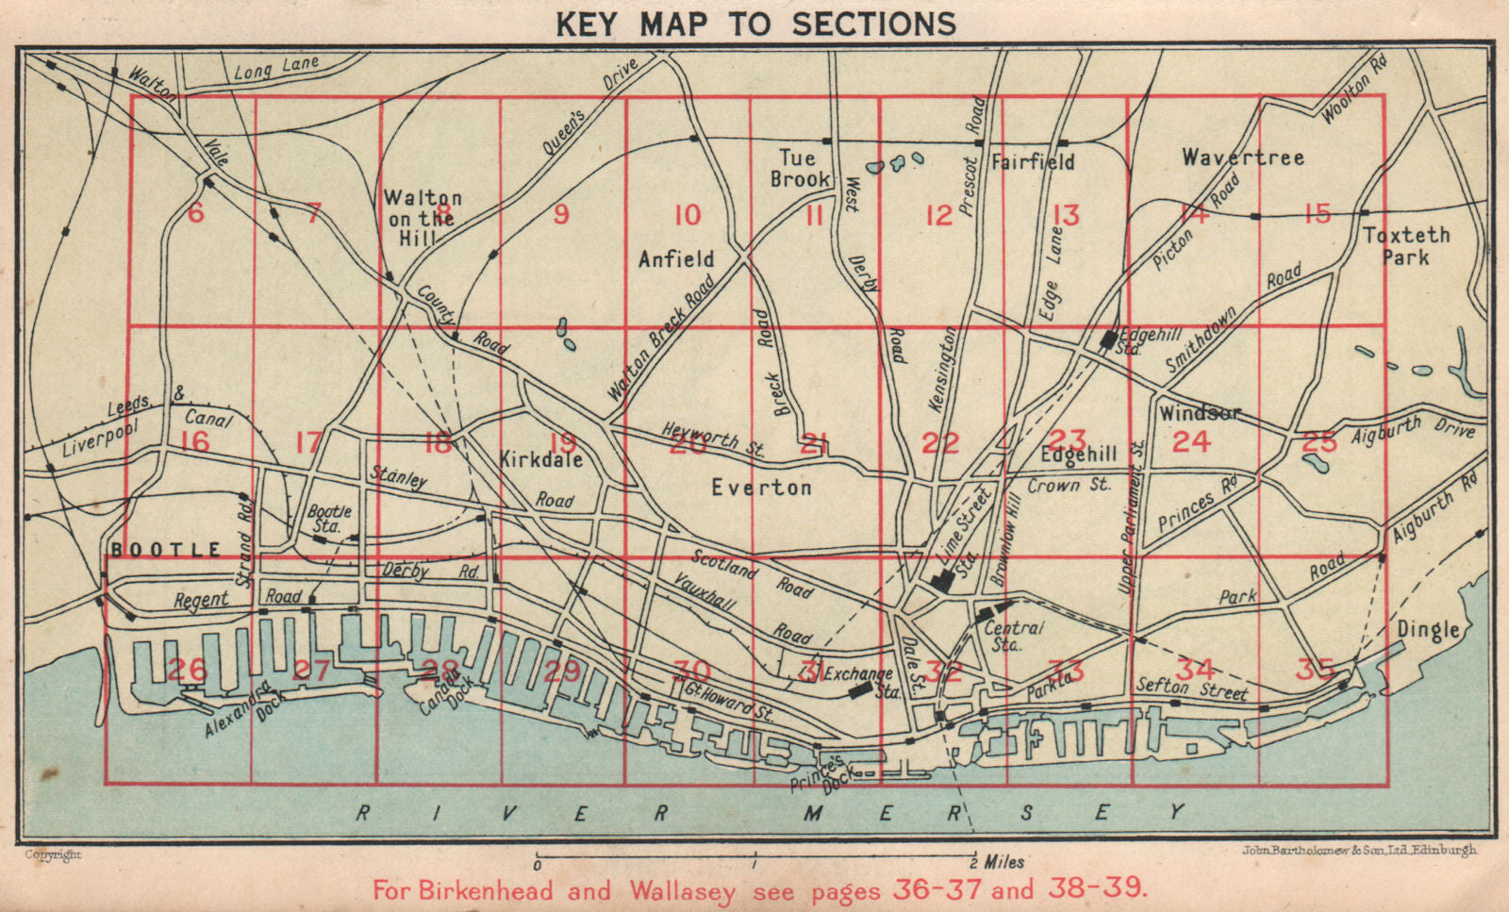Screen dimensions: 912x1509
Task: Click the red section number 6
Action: click(x=195, y=212)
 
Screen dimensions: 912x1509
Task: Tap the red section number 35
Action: click(x=1316, y=670)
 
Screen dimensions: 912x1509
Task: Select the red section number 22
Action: click(x=940, y=441)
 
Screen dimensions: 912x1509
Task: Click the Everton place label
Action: click(x=760, y=488)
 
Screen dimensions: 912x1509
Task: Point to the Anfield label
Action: click(x=676, y=258)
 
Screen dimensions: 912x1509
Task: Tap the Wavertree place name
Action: click(x=1243, y=158)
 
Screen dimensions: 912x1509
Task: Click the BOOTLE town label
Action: click(x=166, y=549)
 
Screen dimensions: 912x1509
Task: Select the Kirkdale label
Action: click(x=540, y=459)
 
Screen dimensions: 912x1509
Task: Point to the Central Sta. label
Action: click(x=1014, y=636)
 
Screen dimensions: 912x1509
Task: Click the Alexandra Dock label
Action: click(x=237, y=709)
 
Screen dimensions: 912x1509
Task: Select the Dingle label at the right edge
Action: click(x=1428, y=629)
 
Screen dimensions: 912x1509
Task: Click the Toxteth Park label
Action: click(x=1406, y=245)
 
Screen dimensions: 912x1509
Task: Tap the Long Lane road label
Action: click(x=276, y=68)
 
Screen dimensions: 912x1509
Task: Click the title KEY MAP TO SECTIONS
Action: click(x=755, y=23)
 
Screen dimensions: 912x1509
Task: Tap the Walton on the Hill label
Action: click(x=423, y=218)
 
